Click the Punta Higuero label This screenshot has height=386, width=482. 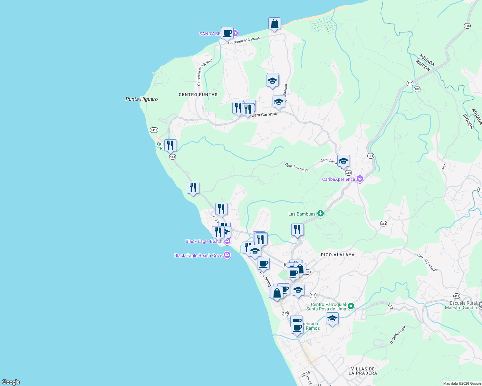(x=141, y=99)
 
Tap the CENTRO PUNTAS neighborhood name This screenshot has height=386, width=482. (x=198, y=95)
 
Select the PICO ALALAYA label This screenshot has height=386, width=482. (x=338, y=255)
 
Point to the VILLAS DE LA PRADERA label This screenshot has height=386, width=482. (x=363, y=371)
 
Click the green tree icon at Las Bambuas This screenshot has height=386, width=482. (x=320, y=214)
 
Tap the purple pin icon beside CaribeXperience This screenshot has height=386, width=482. (x=360, y=179)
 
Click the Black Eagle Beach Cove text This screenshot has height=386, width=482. (x=198, y=255)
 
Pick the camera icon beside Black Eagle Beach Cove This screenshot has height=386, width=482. (x=227, y=255)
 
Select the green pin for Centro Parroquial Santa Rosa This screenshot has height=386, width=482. (x=351, y=306)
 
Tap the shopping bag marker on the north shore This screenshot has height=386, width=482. (x=275, y=24)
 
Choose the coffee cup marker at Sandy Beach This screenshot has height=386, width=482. (x=227, y=33)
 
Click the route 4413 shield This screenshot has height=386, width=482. (x=154, y=130)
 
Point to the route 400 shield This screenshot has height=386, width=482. (x=417, y=89)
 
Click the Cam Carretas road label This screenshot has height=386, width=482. (x=264, y=115)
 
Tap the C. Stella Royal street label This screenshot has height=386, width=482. (x=398, y=335)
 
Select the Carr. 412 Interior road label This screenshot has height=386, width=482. (x=428, y=263)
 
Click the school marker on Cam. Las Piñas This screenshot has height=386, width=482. (x=343, y=161)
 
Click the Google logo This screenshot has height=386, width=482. (x=11, y=382)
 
